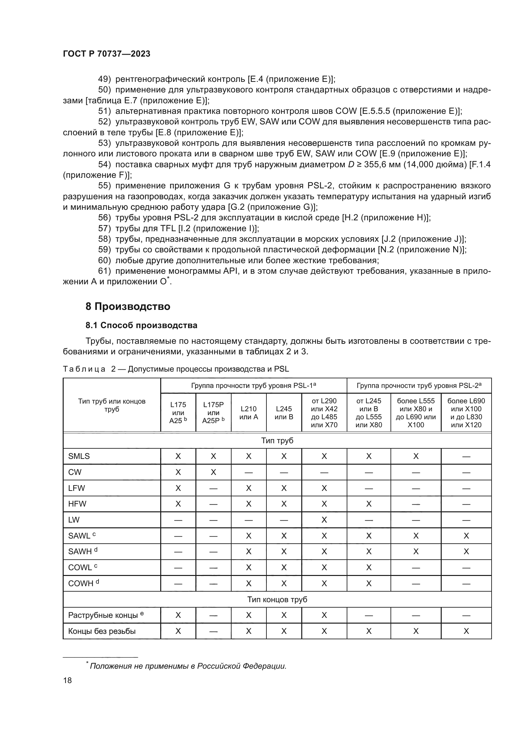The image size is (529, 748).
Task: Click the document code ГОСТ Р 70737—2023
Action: [107, 54]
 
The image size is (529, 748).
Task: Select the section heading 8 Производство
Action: [128, 307]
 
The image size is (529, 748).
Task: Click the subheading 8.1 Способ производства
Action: [141, 326]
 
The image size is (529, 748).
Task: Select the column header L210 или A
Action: [249, 413]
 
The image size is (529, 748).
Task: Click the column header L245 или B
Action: [284, 413]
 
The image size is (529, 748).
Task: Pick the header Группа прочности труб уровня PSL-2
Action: [419, 386]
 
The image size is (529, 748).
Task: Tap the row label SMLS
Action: [79, 456]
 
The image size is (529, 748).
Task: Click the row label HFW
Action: [77, 504]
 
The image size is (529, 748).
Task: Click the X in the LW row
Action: [324, 520]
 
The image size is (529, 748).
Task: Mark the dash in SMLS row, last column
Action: [466, 456]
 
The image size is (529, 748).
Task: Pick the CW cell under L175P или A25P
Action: [213, 472]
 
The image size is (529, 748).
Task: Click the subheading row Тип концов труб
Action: [277, 599]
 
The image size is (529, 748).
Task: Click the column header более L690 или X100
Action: [466, 413]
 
